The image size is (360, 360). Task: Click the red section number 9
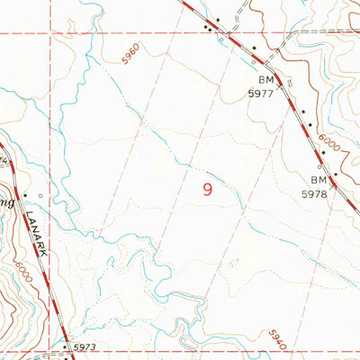pyautogui.click(x=209, y=189)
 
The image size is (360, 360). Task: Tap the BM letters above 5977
pyautogui.click(x=259, y=78)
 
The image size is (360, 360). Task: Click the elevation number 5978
pyautogui.click(x=313, y=193)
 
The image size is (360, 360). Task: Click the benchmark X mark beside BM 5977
pyautogui.click(x=280, y=81)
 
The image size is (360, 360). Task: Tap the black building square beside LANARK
pyautogui.click(x=26, y=195)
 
